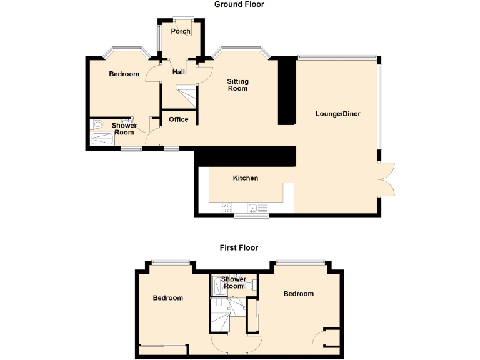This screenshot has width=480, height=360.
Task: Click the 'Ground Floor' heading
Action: click(x=239, y=4)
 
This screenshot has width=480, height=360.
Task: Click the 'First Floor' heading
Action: click(x=239, y=247)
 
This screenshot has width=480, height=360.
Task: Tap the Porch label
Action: click(x=181, y=31)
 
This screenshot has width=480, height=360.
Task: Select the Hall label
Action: click(x=179, y=72)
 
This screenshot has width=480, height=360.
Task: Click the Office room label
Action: click(x=179, y=119)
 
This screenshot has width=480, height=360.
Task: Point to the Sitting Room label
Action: click(x=237, y=85)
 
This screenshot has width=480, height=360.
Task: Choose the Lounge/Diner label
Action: click(x=338, y=114)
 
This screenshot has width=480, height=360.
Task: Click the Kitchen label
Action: click(x=246, y=178)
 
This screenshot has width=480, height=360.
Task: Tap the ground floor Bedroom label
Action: click(x=124, y=74)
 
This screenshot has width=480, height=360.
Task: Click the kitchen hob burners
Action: click(x=226, y=208)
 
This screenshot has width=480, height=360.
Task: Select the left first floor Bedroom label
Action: click(x=168, y=298)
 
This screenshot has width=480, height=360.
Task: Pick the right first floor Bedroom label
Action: click(x=298, y=294)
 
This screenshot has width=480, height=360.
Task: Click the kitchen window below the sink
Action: click(x=251, y=216)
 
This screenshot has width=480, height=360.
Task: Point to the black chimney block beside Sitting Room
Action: click(x=287, y=91)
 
